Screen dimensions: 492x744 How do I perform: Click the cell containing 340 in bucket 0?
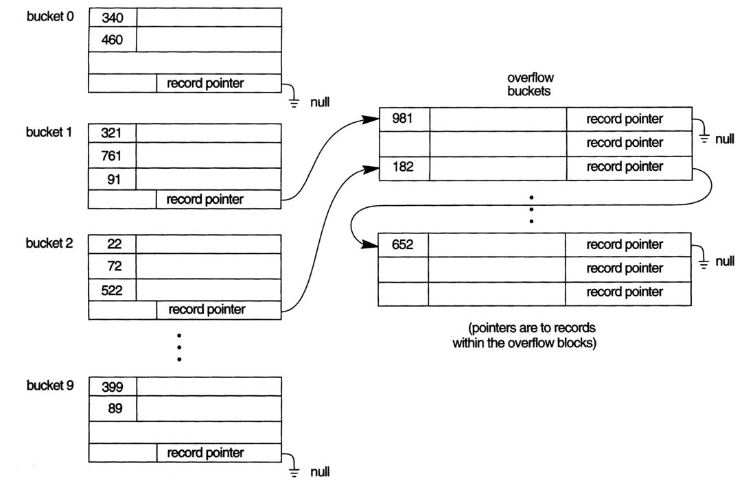[112, 18]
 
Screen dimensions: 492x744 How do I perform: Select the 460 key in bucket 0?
[112, 40]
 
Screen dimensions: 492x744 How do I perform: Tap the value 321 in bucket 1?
[112, 132]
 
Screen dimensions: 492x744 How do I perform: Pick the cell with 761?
[112, 155]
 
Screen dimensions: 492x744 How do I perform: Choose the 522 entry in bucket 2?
[112, 290]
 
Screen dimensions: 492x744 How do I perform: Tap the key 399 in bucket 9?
[112, 386]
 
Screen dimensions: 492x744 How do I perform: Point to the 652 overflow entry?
[404, 244]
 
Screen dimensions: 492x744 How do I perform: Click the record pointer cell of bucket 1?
[205, 200]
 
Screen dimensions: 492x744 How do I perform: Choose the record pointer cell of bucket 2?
[205, 309]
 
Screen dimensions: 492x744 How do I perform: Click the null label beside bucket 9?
[319, 471]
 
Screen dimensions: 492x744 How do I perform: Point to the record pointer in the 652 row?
[625, 244]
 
